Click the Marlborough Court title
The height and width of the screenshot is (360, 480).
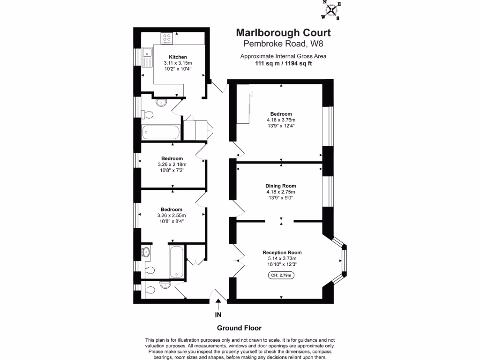click(283, 33)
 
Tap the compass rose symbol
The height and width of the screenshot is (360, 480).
click(332, 10)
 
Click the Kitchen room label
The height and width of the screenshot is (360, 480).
click(178, 57)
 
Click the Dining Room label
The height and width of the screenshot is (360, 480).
click(281, 186)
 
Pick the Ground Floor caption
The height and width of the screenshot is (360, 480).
click(239, 328)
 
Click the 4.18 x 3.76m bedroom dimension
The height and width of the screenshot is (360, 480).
click(281, 120)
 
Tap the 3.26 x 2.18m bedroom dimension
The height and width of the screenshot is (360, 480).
click(172, 165)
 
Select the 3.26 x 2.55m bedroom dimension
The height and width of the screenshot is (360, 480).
click(172, 216)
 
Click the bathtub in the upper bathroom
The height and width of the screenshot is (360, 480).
click(161, 132)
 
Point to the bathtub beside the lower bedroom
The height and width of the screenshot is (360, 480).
click(176, 261)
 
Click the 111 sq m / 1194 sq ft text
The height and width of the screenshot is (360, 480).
click(283, 63)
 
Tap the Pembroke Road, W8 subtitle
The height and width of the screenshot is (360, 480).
click(283, 44)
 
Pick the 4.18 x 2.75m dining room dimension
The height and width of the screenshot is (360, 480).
click(281, 192)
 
